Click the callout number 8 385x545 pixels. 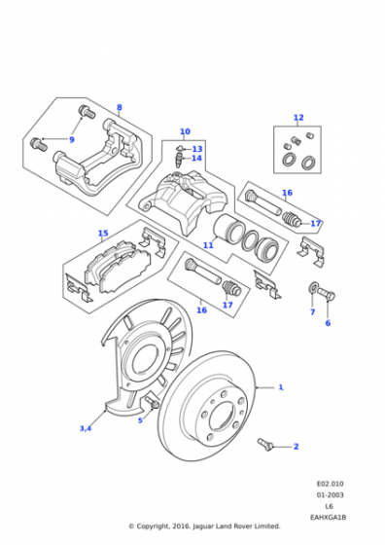[119, 107]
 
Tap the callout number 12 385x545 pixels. [298, 118]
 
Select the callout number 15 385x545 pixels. [103, 233]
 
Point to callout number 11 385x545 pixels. [208, 245]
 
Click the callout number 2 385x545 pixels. [296, 447]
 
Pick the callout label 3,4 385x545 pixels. [86, 428]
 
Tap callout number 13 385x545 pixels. [197, 149]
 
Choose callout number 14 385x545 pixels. [196, 158]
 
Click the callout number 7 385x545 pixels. [312, 312]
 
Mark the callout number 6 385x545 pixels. [328, 323]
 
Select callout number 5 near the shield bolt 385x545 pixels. [140, 420]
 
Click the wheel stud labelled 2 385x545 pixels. [266, 444]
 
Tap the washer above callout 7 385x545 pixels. [313, 287]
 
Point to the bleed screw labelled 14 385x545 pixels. [179, 161]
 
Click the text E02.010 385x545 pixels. [330, 484]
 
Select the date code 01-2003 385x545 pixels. [330, 495]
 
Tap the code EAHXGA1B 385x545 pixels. [328, 518]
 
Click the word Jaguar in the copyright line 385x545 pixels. [203, 527]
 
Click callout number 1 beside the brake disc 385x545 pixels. [281, 387]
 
